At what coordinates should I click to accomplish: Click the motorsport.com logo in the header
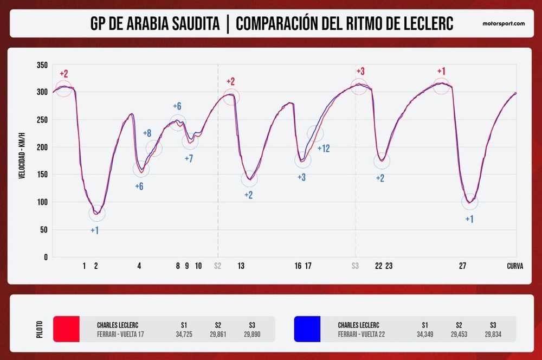pos(504,24)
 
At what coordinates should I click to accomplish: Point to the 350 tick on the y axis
pos(41,65)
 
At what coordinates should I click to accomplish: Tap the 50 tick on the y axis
pos(43,230)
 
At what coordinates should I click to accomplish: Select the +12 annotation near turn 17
pos(324,148)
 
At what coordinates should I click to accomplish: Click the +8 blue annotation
pos(147,133)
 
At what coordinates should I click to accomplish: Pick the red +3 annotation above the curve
pos(360,72)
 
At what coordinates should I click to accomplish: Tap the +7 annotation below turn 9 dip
pos(189,158)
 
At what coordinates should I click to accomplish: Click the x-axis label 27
pos(462,266)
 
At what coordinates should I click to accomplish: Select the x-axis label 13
pos(241,266)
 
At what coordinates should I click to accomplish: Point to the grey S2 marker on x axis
pos(217,266)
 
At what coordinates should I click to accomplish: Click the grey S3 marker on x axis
pos(356,266)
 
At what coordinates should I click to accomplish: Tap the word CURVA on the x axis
pos(515,266)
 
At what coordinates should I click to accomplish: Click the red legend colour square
pos(66,329)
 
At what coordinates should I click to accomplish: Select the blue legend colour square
pos(307,329)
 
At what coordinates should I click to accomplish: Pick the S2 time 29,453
pos(459,335)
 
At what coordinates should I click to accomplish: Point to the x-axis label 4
pos(139,266)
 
